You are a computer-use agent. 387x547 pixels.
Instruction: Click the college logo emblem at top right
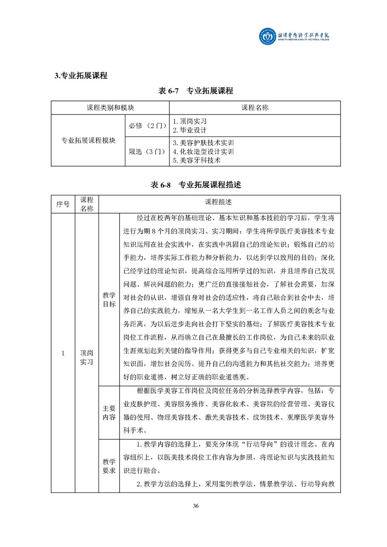[x=267, y=37]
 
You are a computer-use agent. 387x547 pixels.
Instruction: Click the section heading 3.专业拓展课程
[x=81, y=75]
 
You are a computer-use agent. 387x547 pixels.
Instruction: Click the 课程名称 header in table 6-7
[x=255, y=107]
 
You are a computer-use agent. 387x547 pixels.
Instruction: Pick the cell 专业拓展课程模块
[x=88, y=140]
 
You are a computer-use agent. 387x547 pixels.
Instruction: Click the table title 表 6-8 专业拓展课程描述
[x=196, y=185]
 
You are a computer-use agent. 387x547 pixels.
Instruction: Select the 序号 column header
[x=63, y=203]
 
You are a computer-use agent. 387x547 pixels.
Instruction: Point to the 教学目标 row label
[x=109, y=299]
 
